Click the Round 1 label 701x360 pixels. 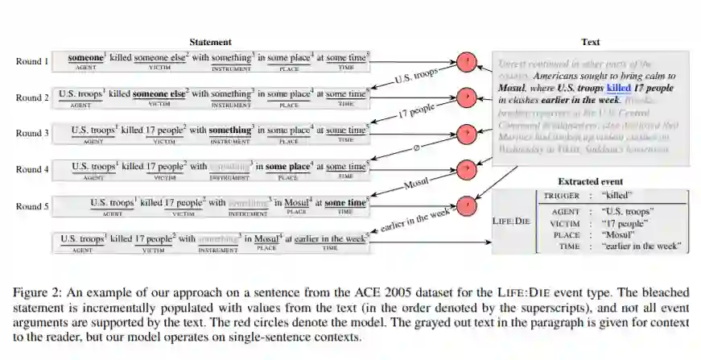32,61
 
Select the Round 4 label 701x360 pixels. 32,168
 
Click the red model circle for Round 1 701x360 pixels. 466,61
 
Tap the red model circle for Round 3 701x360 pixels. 466,133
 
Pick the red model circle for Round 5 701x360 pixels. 466,205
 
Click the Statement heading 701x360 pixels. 210,42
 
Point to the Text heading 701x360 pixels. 590,42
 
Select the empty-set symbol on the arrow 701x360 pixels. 416,147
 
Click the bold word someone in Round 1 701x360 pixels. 85,59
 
